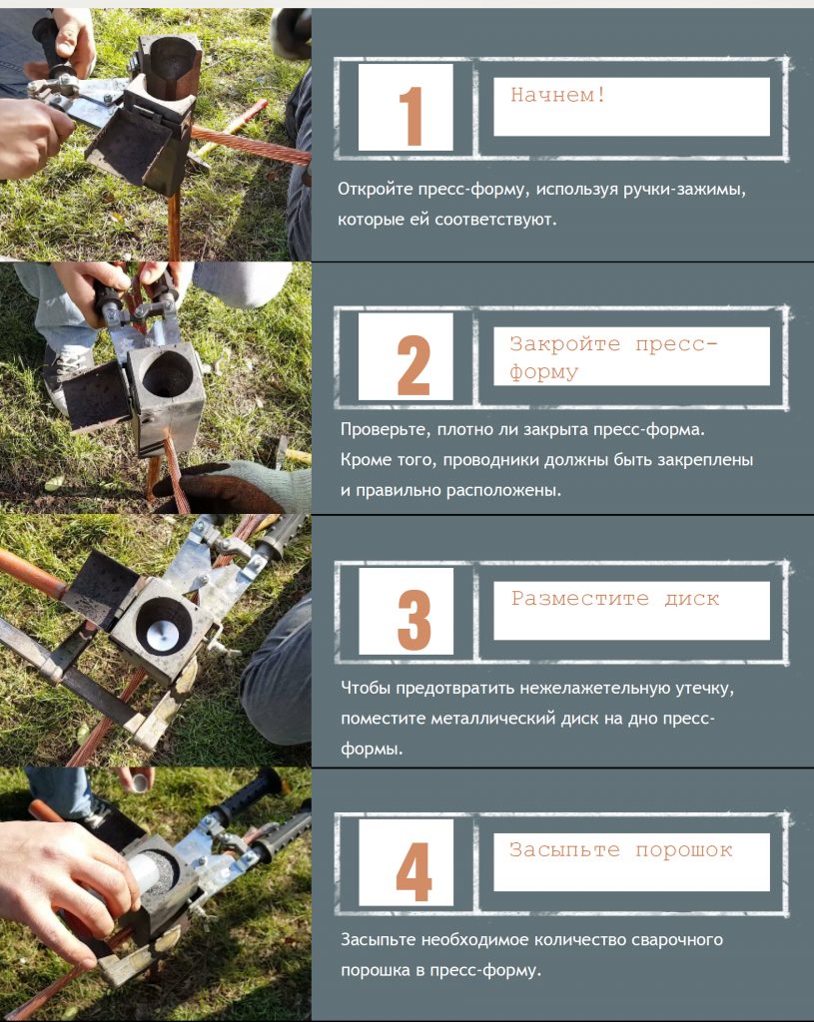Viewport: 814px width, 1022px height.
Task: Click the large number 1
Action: (410, 116)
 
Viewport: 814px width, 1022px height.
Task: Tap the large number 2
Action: (413, 365)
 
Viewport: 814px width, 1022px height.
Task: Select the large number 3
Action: (414, 619)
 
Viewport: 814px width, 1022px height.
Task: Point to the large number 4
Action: (414, 871)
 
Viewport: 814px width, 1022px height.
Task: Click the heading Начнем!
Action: (558, 95)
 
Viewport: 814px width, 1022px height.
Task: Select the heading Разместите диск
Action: (615, 599)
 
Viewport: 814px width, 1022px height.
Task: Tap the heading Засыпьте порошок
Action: (621, 850)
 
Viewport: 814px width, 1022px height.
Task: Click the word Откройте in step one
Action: (376, 190)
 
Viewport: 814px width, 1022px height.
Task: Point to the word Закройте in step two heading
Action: (565, 343)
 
